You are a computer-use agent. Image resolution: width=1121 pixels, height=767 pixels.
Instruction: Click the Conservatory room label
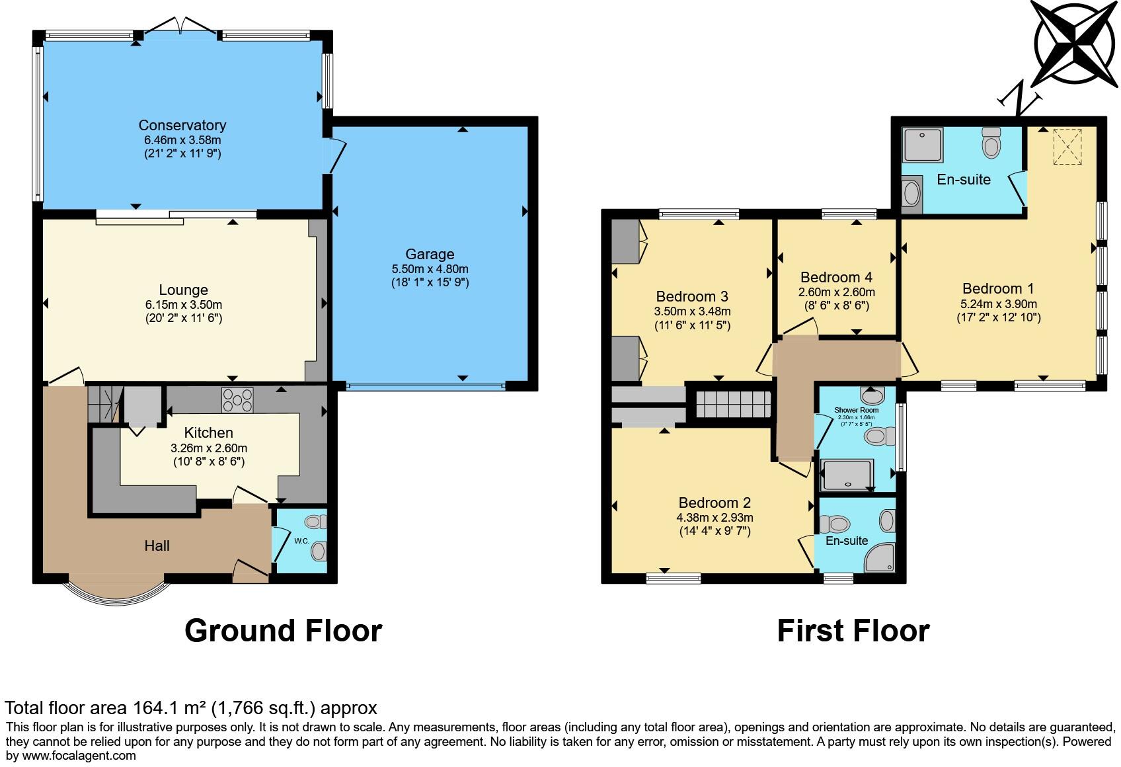coord(182,125)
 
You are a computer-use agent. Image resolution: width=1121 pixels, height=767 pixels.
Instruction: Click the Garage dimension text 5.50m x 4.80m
coord(430,269)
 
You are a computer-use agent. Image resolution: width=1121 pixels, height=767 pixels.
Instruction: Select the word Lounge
coord(183,290)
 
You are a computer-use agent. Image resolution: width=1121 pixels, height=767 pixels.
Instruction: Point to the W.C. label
coord(301,541)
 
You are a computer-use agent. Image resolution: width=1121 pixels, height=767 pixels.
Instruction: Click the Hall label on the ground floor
coord(157,545)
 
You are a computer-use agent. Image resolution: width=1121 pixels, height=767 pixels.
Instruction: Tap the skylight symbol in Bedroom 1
coord(1066,147)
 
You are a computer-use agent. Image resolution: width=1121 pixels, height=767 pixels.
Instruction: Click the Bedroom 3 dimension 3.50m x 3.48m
coord(692,311)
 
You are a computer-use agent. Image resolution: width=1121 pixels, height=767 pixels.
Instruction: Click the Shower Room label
coord(856,410)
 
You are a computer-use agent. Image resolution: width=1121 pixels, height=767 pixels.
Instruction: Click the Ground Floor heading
coord(283,630)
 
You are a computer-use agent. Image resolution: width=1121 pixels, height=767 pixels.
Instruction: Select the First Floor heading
coord(853,630)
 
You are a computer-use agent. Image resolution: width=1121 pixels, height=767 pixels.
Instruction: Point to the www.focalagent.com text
coord(79,756)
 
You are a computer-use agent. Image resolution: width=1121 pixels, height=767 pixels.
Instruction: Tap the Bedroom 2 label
coord(714,503)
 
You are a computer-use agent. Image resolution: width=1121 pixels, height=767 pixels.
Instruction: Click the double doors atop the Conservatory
coord(180,26)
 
